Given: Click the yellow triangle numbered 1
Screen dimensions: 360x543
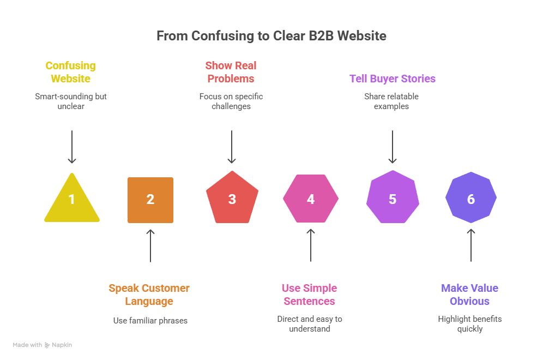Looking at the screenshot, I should [72, 201].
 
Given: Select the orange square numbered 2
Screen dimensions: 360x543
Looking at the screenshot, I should [150, 200].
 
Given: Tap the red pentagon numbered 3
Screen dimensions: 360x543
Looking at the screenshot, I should [232, 199].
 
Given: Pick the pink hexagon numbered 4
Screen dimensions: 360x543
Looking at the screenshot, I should [311, 199].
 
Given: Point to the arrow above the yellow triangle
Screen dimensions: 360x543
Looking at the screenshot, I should [72, 146].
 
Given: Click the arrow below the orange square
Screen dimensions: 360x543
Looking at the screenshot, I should [150, 245].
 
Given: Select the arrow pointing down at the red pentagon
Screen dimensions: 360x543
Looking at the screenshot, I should [232, 146].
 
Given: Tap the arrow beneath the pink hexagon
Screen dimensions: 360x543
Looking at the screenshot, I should [311, 245].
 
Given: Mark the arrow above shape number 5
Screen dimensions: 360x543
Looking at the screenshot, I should [393, 146].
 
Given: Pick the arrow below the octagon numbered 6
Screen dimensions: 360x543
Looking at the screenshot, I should [471, 245].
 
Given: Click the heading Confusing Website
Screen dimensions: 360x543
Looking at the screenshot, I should [71, 72].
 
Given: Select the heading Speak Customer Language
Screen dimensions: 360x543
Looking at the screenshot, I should [149, 295].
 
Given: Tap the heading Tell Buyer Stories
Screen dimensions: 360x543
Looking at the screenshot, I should [393, 79].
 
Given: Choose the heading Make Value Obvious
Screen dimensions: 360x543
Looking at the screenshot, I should [470, 295].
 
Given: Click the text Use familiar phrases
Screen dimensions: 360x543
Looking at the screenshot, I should [150, 321].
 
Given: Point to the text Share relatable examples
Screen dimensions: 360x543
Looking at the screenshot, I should [391, 101].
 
